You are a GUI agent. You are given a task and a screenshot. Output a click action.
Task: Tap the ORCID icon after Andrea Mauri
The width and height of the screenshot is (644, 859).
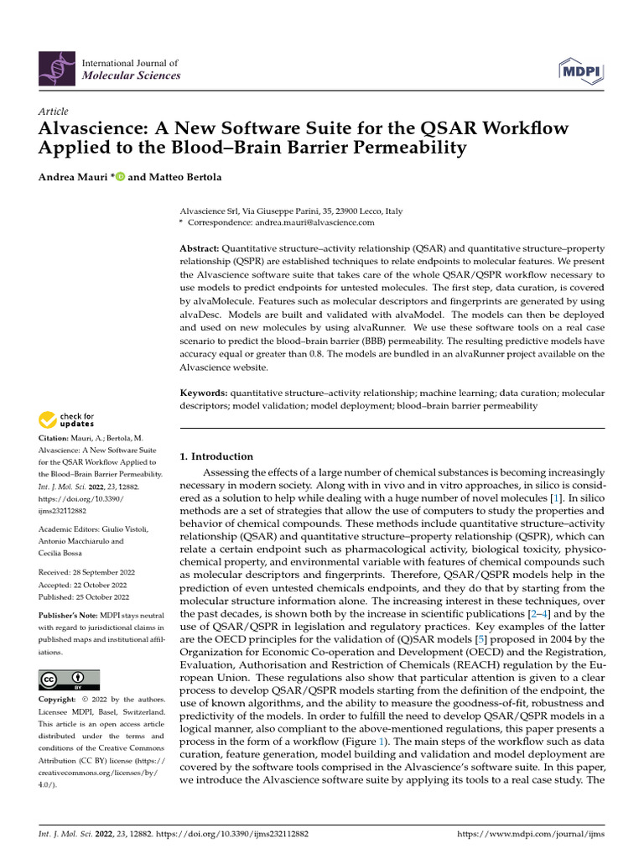point(120,176)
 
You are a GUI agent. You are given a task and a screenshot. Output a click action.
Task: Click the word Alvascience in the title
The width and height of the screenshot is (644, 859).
point(88,128)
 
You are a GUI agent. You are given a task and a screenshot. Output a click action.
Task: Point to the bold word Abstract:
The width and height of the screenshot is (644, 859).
point(200,250)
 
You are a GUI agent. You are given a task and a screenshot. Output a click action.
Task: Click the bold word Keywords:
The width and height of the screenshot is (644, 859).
point(205,393)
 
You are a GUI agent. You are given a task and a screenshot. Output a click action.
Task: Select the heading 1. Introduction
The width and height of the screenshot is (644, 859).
point(217,456)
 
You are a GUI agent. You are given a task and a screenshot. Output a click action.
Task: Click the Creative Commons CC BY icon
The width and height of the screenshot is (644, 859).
point(69,679)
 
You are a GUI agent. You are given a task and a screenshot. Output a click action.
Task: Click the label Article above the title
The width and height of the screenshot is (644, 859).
point(53,112)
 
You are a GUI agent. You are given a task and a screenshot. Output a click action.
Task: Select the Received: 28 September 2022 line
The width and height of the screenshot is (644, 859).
point(84,572)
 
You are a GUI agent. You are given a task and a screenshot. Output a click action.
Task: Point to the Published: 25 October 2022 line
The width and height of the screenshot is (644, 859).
point(84,597)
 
